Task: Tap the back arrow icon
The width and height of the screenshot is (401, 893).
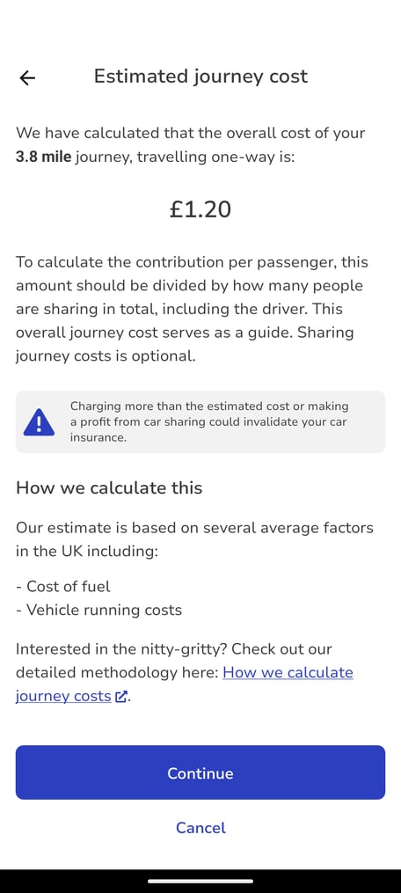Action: pos(27,77)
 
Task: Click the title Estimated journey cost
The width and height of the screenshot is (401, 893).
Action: pos(200,77)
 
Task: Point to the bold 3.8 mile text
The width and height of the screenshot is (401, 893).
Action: pos(43,157)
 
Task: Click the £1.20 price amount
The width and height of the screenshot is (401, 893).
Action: pos(200,209)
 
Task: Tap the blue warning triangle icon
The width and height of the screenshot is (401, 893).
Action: pos(40,422)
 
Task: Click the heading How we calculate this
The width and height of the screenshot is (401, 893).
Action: pos(109,487)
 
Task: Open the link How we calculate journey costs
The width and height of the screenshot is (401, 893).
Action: pos(288,672)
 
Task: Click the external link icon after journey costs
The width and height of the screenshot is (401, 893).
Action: pos(121,697)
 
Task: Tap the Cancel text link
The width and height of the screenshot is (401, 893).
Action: pos(200,828)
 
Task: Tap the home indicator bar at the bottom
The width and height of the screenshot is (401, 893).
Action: pos(200,881)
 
